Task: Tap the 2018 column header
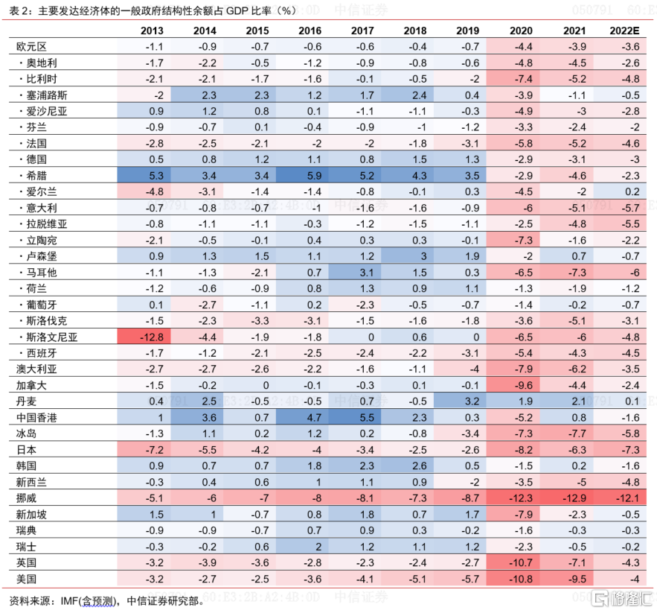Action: (x=415, y=31)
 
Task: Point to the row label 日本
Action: (x=26, y=449)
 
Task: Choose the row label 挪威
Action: (x=26, y=498)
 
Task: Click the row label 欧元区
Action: (x=31, y=46)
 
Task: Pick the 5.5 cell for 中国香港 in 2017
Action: (x=364, y=417)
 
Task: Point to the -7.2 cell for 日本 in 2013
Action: (x=154, y=449)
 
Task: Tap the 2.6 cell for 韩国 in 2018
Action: (x=415, y=466)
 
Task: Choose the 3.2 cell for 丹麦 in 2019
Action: (x=468, y=401)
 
